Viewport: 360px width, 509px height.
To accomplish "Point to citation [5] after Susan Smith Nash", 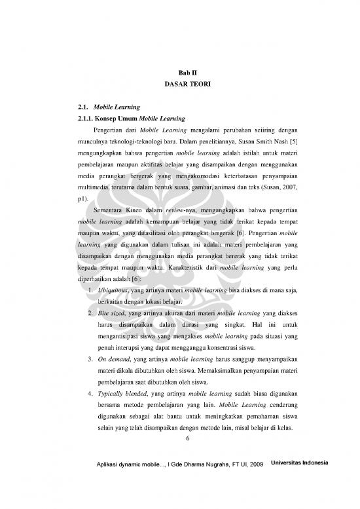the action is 295,143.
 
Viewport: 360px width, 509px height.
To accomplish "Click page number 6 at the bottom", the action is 187,438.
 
